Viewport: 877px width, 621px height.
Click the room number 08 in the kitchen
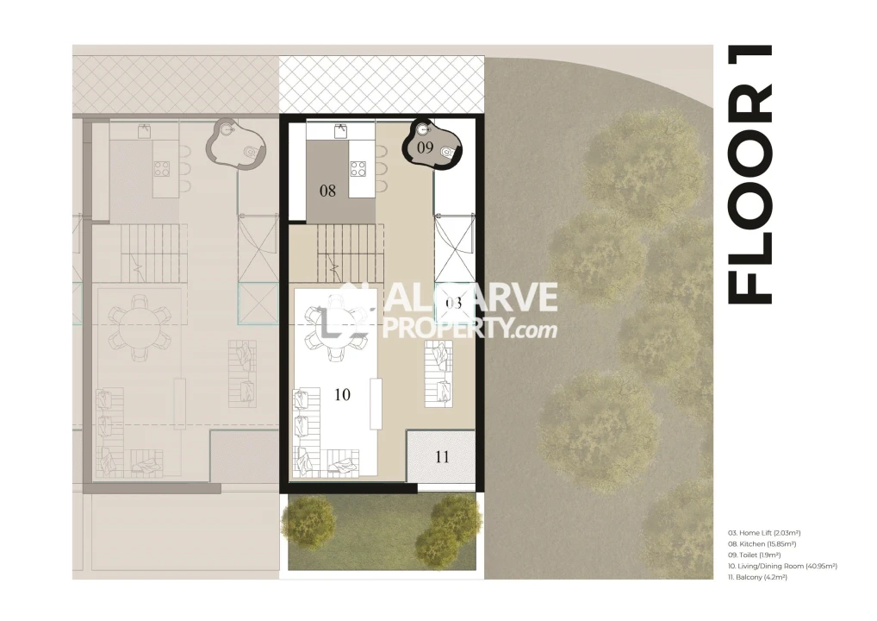[327, 191]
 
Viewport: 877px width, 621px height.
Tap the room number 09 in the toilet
[425, 147]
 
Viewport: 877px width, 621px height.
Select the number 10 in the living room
[342, 394]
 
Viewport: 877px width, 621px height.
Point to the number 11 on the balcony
[442, 457]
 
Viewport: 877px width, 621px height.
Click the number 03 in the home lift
[454, 303]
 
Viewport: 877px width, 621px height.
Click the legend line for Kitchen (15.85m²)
[762, 543]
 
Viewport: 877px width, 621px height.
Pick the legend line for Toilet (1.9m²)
[754, 555]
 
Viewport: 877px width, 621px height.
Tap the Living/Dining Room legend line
[782, 566]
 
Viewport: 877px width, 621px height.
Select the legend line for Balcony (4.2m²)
[757, 577]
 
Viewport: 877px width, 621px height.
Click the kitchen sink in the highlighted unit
[340, 131]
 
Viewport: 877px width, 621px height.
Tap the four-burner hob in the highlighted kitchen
[358, 168]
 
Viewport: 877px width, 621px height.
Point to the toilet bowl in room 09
[446, 152]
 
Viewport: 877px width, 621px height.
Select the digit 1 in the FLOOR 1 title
[750, 85]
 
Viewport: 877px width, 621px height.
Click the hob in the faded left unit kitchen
[162, 168]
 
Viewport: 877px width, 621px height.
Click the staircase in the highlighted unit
[351, 253]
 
